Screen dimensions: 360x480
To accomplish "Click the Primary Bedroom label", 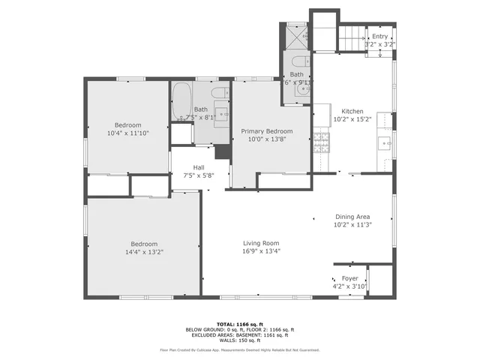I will point(267,131).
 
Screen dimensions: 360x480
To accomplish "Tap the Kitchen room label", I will point(352,109).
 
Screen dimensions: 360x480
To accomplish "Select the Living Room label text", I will point(260,243).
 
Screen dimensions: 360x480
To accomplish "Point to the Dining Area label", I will point(352,216).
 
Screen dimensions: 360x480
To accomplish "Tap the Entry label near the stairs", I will point(380,36).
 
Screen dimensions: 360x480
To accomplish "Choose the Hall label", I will point(199,167).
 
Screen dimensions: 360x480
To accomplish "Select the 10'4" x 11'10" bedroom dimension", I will point(128,133).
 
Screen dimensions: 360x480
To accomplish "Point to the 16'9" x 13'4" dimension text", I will point(260,251).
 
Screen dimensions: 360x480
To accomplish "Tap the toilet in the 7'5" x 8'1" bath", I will point(218,94).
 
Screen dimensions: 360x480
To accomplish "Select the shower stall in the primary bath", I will point(298,34).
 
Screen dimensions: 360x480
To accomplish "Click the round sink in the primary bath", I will point(301,89).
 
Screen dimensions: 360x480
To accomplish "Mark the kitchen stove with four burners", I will point(321,141).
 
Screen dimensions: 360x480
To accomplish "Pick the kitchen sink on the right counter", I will point(385,141).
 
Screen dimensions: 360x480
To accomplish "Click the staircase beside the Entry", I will point(351,34).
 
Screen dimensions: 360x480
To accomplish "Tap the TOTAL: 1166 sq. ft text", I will point(239,323).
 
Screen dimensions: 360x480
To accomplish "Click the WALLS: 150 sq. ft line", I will point(239,340).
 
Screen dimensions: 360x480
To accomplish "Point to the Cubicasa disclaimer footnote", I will point(239,349).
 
